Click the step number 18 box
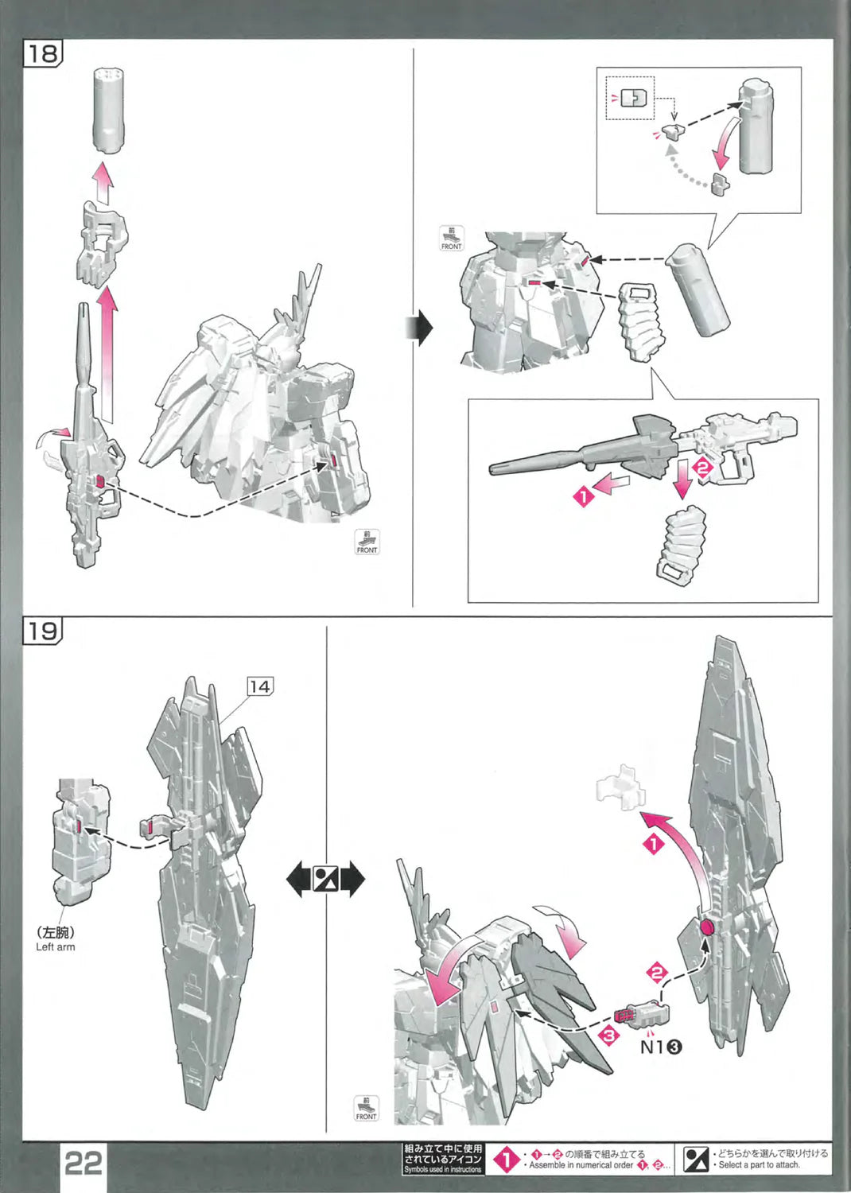coord(43,54)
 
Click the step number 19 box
coord(43,631)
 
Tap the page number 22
coord(83,1164)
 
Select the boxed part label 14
coord(259,686)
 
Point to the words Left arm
coord(56,947)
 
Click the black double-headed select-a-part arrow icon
coord(324,880)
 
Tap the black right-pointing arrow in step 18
coord(422,327)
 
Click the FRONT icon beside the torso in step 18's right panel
coord(451,239)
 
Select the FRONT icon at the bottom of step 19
coord(366,1108)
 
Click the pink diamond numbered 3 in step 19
coord(609,1036)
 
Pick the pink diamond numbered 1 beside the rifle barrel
coord(583,497)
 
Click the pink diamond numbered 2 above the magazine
coord(702,468)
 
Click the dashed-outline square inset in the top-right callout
coord(630,98)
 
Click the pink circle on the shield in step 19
coord(707,927)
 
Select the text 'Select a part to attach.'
coord(759,1165)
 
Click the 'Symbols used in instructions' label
coord(443,1169)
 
